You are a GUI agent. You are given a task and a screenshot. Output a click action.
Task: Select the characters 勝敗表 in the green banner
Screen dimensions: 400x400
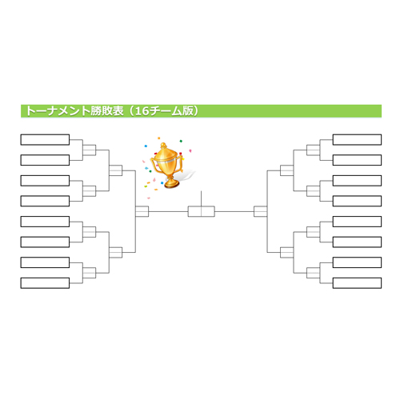click(x=107, y=111)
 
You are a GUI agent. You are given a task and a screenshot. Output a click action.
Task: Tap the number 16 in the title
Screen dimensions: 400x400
click(x=142, y=111)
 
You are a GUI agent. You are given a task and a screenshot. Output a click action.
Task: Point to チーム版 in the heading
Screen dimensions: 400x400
click(x=171, y=111)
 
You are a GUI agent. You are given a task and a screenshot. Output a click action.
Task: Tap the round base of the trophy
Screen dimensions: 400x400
click(x=171, y=183)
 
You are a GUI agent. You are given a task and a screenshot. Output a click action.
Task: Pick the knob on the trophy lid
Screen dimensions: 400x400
click(x=163, y=146)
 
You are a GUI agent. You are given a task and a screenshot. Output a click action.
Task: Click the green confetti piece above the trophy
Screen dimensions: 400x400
click(x=181, y=141)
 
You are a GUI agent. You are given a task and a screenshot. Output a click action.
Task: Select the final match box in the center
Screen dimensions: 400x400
click(x=202, y=211)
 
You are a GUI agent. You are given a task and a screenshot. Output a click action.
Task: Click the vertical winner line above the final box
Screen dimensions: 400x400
click(x=202, y=198)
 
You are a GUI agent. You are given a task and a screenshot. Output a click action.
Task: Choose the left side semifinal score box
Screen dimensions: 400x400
click(x=142, y=211)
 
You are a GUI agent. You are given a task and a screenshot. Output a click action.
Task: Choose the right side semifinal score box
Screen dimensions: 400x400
click(x=260, y=211)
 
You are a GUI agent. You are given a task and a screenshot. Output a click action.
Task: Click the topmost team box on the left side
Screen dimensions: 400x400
click(x=45, y=140)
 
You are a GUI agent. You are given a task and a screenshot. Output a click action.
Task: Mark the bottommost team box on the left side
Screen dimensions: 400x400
click(x=45, y=283)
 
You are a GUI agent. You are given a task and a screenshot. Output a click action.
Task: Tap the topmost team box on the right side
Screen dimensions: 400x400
click(x=357, y=140)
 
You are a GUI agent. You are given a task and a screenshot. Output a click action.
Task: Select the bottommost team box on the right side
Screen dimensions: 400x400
click(x=357, y=283)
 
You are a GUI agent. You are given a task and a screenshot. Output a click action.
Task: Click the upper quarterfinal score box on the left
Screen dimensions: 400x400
click(x=116, y=170)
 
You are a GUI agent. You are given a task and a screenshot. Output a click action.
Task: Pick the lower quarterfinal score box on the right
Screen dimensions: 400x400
click(x=286, y=253)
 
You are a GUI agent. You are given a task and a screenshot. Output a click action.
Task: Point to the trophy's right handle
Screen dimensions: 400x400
click(x=180, y=164)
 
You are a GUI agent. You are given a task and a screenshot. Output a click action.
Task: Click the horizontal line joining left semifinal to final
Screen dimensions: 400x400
click(x=168, y=211)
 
